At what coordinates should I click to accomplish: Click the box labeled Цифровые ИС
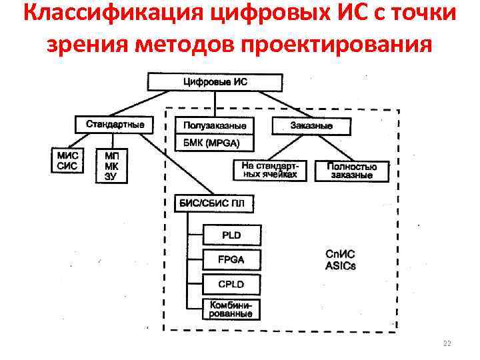pyautogui.click(x=215, y=82)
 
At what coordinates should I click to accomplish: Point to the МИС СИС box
pyautogui.click(x=67, y=161)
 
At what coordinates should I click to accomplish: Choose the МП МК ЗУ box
pyautogui.click(x=111, y=165)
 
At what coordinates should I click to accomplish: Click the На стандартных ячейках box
pyautogui.click(x=269, y=171)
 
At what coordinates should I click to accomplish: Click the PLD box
pyautogui.click(x=232, y=235)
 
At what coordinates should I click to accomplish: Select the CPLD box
pyautogui.click(x=232, y=285)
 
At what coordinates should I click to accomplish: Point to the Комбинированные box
pyautogui.click(x=232, y=309)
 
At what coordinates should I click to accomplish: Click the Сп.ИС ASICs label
pyautogui.click(x=341, y=260)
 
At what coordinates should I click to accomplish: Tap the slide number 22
pyautogui.click(x=447, y=343)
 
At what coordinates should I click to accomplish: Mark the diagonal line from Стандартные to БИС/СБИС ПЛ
pyautogui.click(x=180, y=163)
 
